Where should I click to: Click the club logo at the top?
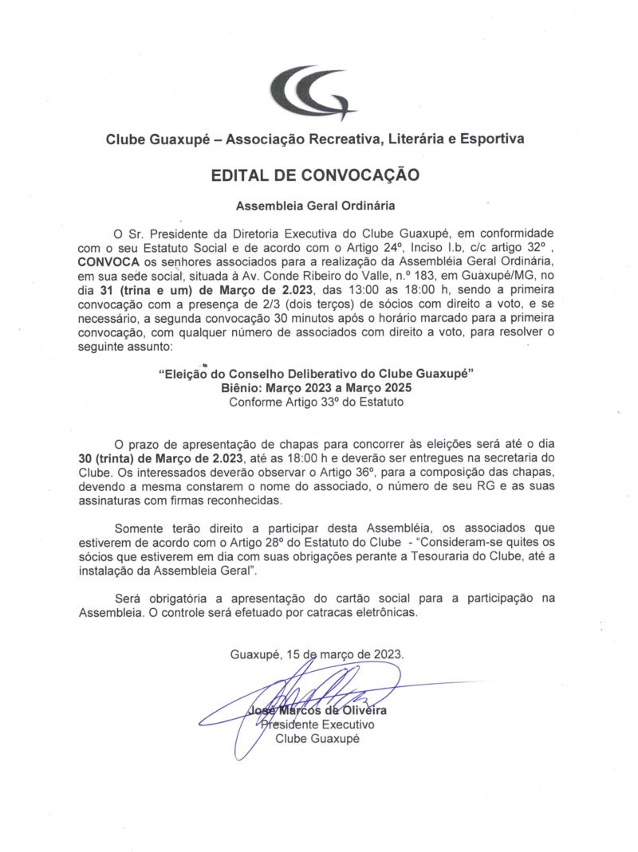[313, 92]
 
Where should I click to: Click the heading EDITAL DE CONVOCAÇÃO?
[314, 173]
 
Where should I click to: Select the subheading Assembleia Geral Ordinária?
[315, 206]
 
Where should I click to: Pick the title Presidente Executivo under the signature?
[318, 724]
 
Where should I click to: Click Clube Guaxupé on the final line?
[317, 739]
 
